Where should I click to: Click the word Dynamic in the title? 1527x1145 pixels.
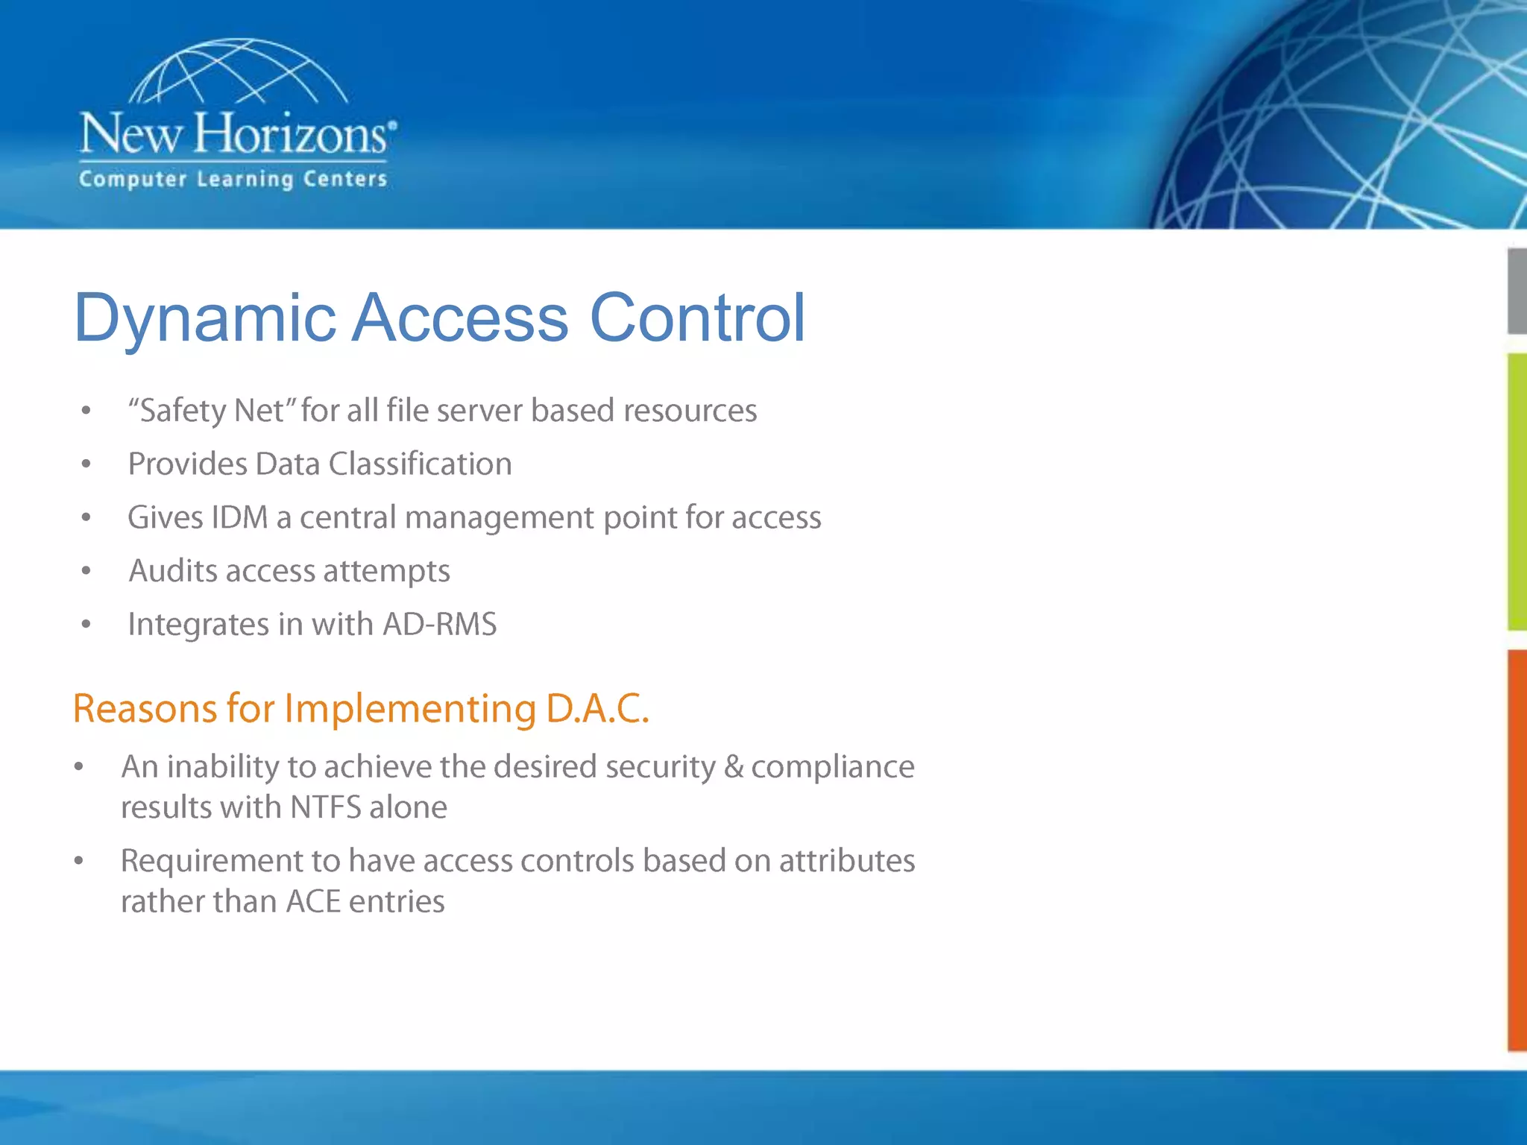205,319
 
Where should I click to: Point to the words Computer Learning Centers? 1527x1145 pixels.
233,180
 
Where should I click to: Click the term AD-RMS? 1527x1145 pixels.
439,624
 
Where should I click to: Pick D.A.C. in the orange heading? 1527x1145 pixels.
597,708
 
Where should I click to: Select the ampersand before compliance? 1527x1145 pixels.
734,767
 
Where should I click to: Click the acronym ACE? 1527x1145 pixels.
313,902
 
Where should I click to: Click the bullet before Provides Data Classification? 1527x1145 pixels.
86,464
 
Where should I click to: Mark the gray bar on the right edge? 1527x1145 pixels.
1517,291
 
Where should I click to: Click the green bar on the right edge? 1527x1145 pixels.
1517,492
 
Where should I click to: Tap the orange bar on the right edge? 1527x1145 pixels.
1517,850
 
